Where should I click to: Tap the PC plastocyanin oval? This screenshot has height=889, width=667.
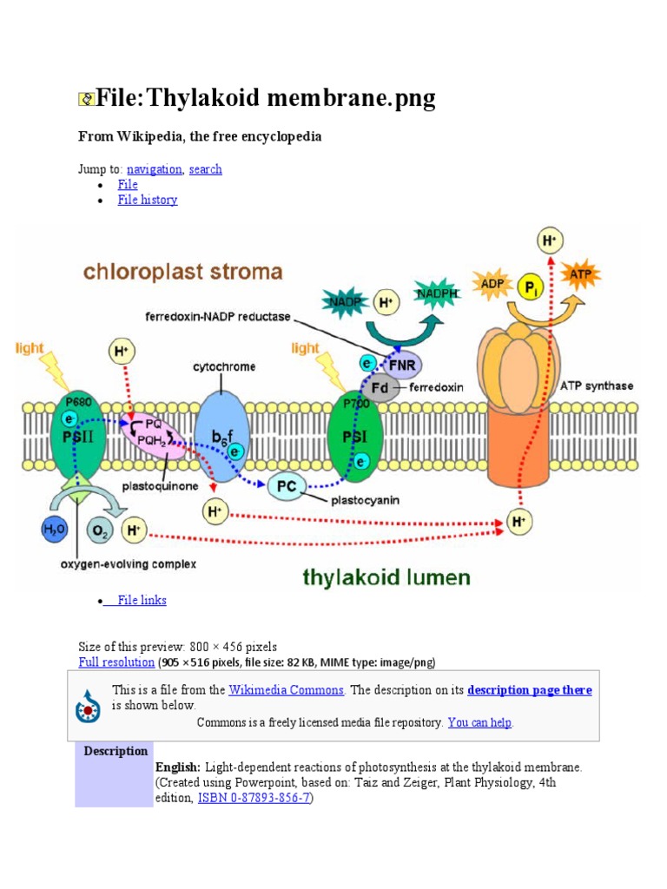287,486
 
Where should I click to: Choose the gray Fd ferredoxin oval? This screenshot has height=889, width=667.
381,386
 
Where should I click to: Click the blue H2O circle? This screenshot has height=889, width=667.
54,529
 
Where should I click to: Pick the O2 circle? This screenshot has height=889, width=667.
100,529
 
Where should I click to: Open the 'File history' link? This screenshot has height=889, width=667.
148,200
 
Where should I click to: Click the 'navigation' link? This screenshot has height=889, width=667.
154,169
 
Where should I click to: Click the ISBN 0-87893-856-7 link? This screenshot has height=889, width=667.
254,798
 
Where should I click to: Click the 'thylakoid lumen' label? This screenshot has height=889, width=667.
386,576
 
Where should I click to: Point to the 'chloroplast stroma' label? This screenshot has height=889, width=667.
182,272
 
